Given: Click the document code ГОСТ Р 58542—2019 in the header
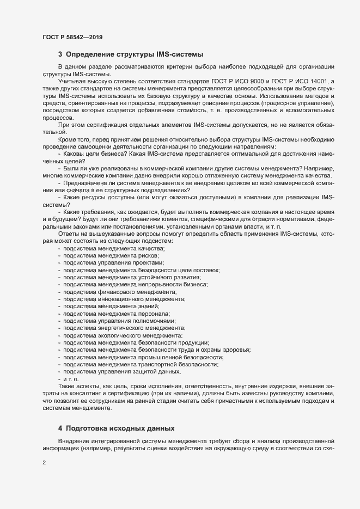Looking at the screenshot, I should tap(72, 37).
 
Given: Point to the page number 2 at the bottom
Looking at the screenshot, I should tap(44, 463).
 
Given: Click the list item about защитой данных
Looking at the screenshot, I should tap(123, 371).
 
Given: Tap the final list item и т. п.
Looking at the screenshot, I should tap(71, 378).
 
